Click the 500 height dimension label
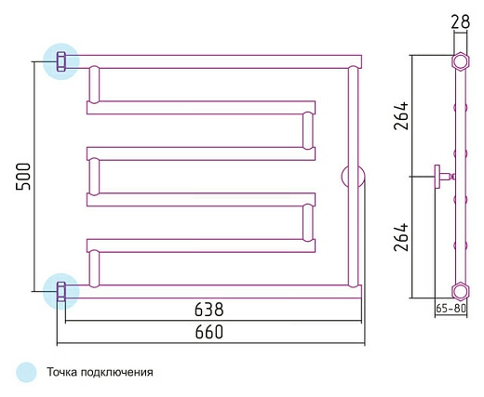(23, 177)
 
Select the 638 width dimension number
(208, 310)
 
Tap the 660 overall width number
(208, 332)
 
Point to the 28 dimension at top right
(461, 22)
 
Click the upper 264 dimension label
(401, 115)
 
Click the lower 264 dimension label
(401, 237)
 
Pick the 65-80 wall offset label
(451, 309)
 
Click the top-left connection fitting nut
(60, 61)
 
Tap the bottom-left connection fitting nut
(60, 291)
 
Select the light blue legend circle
(26, 372)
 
